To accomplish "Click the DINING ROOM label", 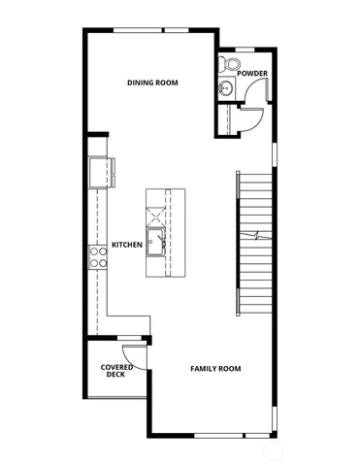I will [153, 83].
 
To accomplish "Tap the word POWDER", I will [252, 74].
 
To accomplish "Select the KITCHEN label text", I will [127, 245].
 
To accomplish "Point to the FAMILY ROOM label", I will [215, 369].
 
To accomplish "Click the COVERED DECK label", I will [116, 370].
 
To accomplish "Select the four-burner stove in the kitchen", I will [98, 256].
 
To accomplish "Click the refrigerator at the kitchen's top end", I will [98, 173].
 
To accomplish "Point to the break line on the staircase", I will [256, 238].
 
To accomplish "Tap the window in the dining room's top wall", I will [147, 31].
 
